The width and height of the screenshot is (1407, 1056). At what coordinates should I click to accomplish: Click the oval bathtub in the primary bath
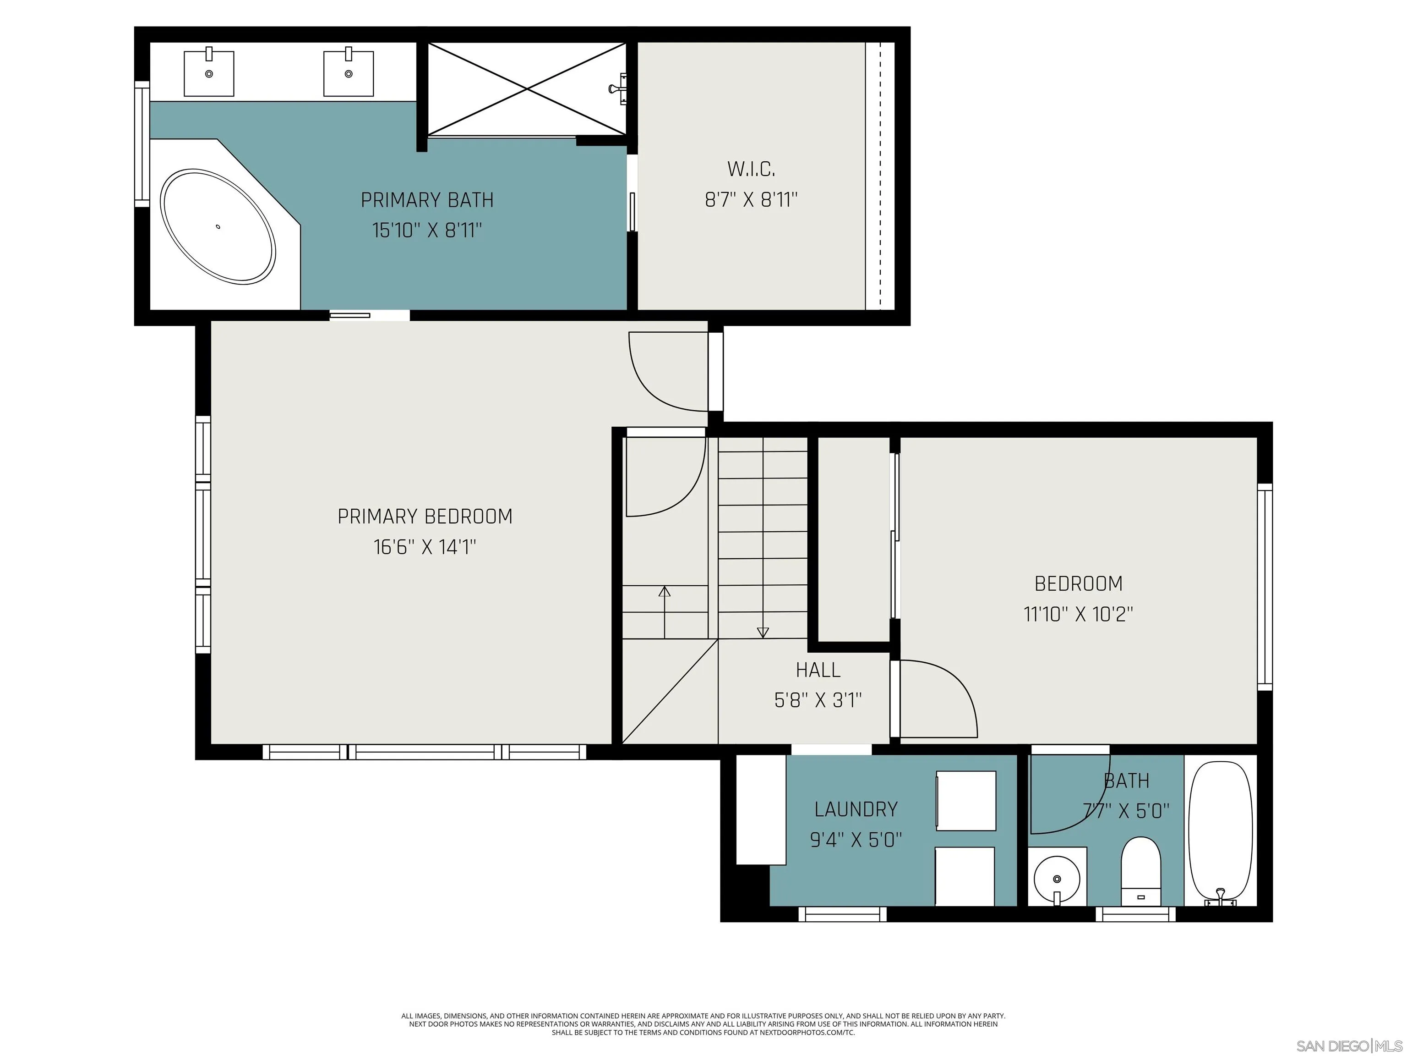tap(218, 226)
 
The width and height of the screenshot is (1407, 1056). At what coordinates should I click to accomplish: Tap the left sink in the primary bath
tap(209, 74)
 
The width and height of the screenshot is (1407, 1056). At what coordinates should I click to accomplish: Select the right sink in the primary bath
tap(348, 74)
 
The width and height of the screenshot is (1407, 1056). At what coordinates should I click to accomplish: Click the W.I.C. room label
tap(751, 169)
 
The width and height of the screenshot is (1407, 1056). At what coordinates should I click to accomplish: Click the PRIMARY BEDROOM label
tap(425, 516)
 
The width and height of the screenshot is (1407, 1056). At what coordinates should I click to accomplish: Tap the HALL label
tap(818, 670)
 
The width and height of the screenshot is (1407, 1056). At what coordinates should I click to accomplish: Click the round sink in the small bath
tap(1057, 879)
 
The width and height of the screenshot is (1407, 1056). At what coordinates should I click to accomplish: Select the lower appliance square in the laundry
tap(964, 876)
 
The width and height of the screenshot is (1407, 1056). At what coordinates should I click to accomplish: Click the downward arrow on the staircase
tap(763, 632)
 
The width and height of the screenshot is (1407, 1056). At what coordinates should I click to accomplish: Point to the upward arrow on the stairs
tap(664, 592)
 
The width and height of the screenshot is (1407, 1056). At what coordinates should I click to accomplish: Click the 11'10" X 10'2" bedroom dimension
tap(1078, 614)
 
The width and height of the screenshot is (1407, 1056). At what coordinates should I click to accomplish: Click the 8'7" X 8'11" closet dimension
tap(751, 200)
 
